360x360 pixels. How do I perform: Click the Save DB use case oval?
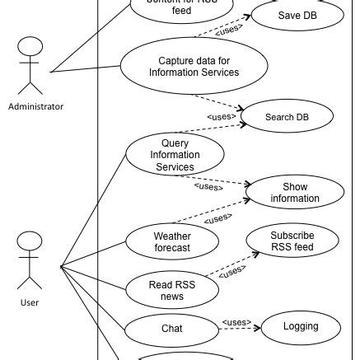tap(297, 15)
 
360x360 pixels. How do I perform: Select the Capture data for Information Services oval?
tap(194, 67)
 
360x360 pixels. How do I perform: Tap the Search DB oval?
tap(286, 117)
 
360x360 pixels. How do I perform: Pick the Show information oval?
tap(294, 192)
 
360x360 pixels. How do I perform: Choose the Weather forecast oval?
tap(172, 241)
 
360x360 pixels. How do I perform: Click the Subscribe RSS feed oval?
tap(292, 241)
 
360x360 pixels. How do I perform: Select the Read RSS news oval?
tap(172, 289)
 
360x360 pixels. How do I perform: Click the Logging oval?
tap(300, 326)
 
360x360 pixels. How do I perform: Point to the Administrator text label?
tap(35, 106)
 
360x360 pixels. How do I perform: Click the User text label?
tap(29, 302)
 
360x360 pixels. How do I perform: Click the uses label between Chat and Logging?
tap(236, 322)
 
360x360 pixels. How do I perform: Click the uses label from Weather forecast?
tap(217, 219)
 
